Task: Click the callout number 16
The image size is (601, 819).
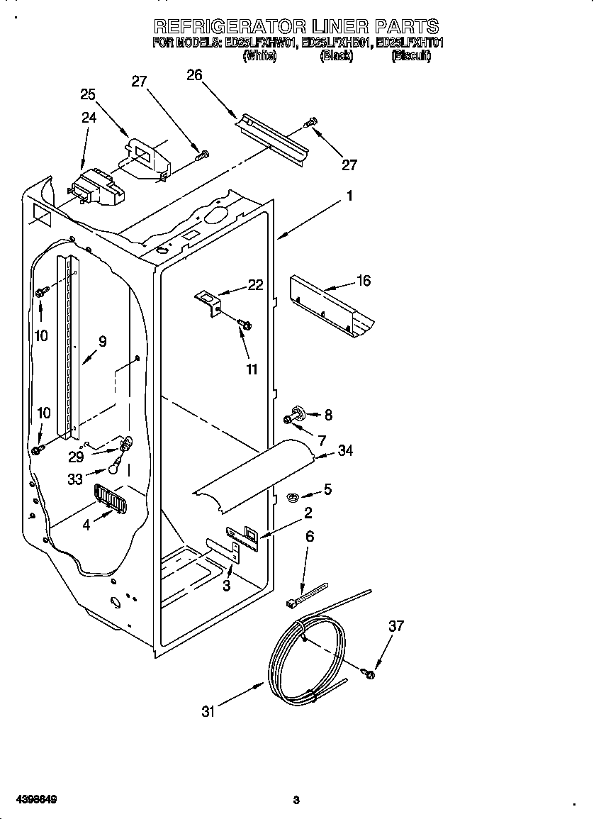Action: (363, 281)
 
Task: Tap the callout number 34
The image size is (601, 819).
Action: (345, 450)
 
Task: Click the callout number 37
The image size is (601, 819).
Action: (397, 625)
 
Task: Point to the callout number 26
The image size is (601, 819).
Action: (194, 75)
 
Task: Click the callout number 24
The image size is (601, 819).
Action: (89, 118)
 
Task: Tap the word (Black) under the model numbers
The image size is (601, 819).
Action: (336, 56)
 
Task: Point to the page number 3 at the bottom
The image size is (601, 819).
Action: (296, 801)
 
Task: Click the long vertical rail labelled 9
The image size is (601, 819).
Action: (71, 347)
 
